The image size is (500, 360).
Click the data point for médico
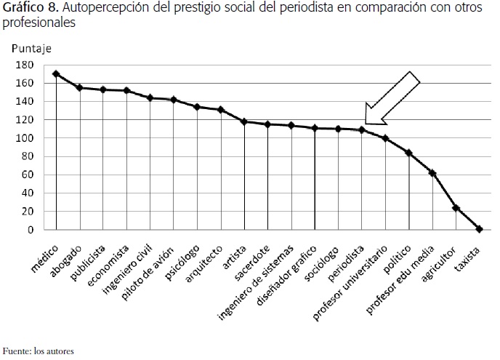pyautogui.click(x=56, y=74)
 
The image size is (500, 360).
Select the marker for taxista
pyautogui.click(x=479, y=229)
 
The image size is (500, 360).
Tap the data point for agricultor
pyautogui.click(x=456, y=208)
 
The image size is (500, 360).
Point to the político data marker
pyautogui.click(x=408, y=153)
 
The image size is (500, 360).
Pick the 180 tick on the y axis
pyautogui.click(x=25, y=65)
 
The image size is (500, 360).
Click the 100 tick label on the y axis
pyautogui.click(x=25, y=138)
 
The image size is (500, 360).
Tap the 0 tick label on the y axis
pyautogui.click(x=30, y=230)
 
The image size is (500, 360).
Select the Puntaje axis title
pyautogui.click(x=31, y=49)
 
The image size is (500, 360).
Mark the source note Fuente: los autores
pyautogui.click(x=38, y=351)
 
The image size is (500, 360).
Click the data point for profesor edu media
pyautogui.click(x=432, y=173)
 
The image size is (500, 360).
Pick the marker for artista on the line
pyautogui.click(x=244, y=121)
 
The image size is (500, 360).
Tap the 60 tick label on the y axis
pyautogui.click(x=28, y=175)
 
